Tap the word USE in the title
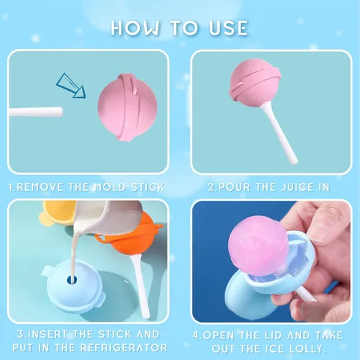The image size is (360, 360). point(224,28)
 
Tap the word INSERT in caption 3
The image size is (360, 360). point(44,334)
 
